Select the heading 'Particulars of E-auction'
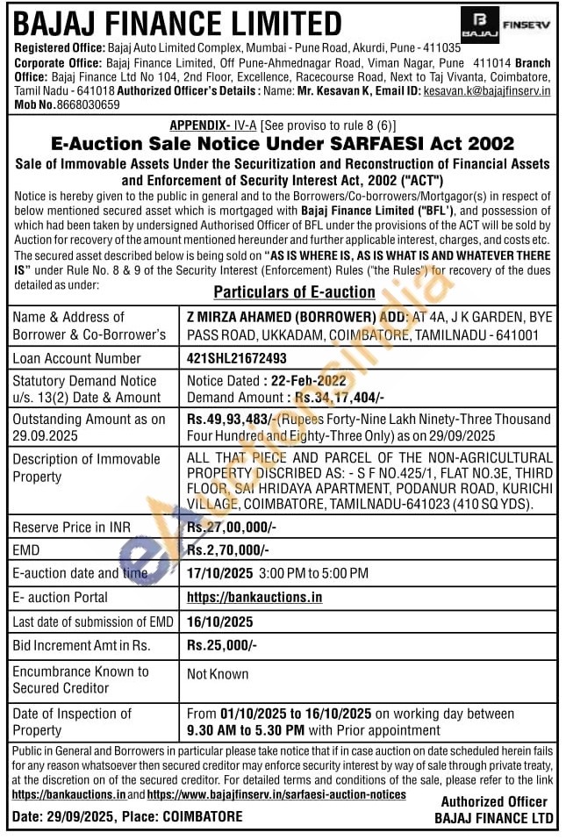tap(295, 292)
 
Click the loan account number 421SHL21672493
tap(237, 358)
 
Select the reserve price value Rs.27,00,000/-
tap(231, 528)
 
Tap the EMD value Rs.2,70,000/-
tap(228, 550)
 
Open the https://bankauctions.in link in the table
tap(254, 597)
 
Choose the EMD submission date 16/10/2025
tap(219, 621)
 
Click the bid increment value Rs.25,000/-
tap(222, 645)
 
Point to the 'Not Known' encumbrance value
tap(218, 674)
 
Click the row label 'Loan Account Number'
tap(76, 358)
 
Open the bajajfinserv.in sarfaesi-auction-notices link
tap(276, 794)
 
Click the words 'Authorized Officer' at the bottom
tap(494, 801)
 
